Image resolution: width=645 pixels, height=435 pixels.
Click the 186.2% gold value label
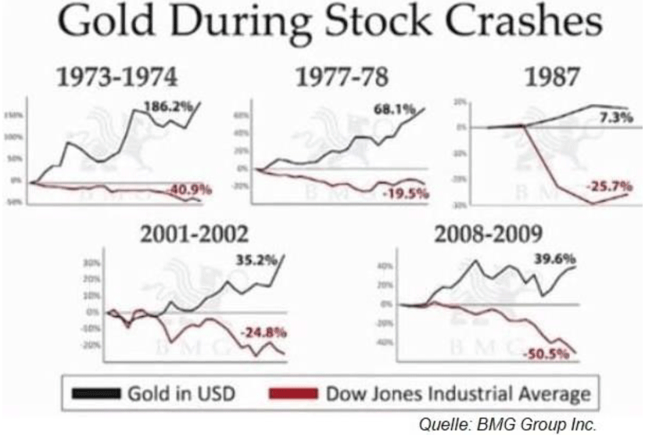(x=167, y=106)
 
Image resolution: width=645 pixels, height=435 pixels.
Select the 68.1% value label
(x=392, y=109)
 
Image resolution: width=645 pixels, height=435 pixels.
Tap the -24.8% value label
(x=263, y=332)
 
